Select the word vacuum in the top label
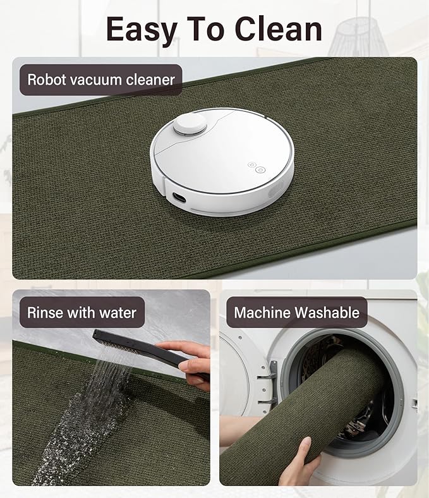coord(100,80)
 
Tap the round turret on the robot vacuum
coord(190,124)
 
